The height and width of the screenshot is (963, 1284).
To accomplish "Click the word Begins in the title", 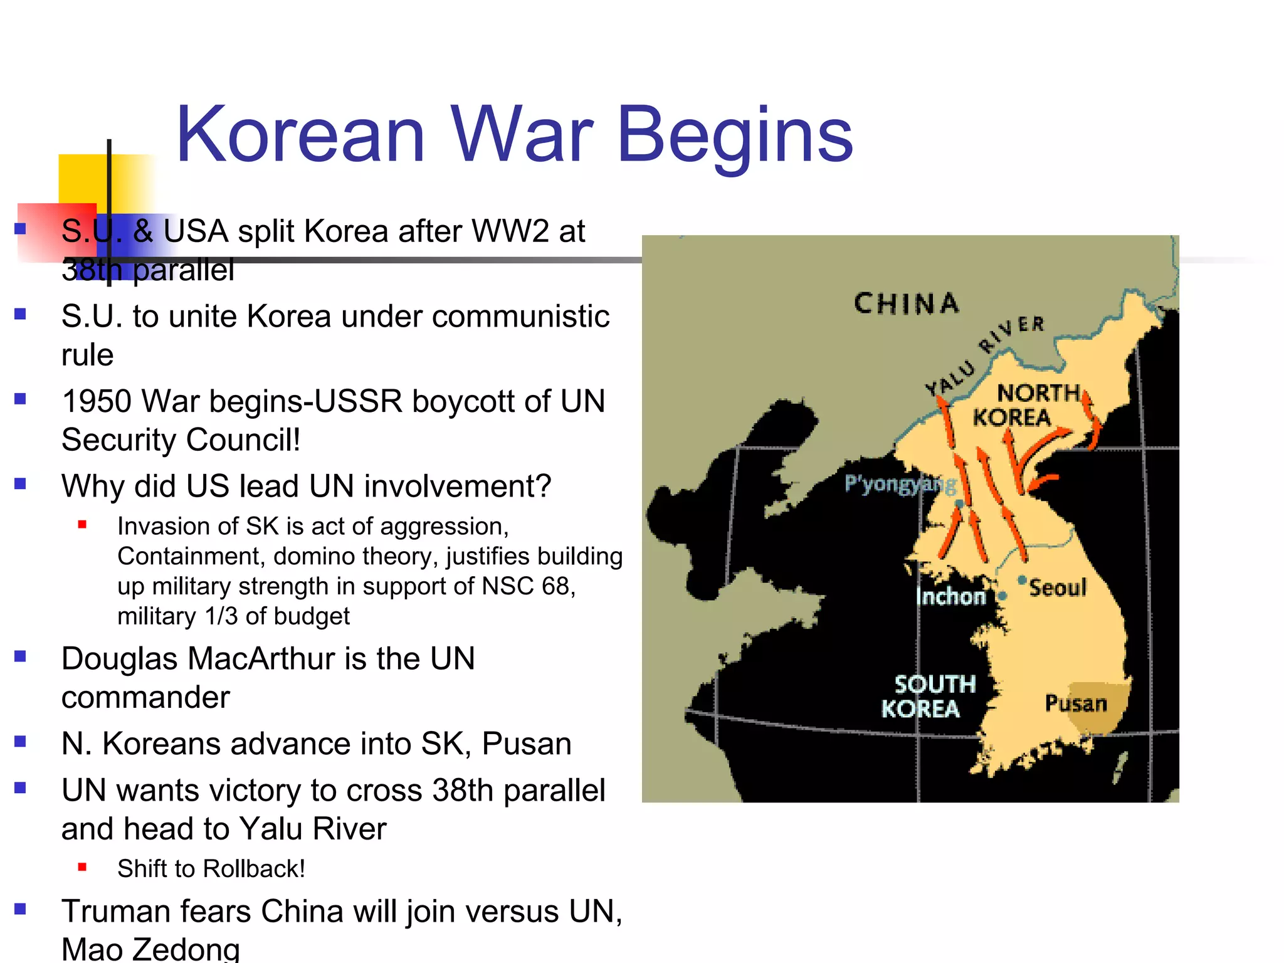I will tap(735, 135).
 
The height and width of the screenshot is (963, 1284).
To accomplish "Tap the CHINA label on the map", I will tap(907, 303).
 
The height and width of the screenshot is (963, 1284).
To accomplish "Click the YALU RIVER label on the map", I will tap(984, 357).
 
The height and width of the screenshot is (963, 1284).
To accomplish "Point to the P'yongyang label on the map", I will tap(900, 483).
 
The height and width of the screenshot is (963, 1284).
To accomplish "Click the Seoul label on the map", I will tap(1058, 588).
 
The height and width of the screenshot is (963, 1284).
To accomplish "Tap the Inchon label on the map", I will tap(950, 596).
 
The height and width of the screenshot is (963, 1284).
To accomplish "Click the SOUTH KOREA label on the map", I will tap(928, 697).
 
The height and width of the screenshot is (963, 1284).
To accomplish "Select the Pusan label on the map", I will tap(1076, 703).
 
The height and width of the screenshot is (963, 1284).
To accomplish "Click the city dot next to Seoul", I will tap(1022, 579).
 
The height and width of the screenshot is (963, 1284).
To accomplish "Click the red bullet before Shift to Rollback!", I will tap(82, 868).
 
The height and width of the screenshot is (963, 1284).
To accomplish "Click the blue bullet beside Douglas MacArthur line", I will tap(21, 656).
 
